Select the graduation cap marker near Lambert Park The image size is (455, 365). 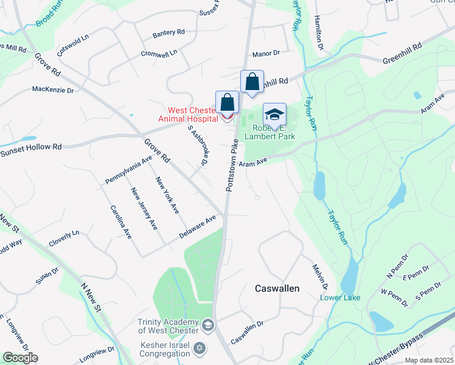(274, 114)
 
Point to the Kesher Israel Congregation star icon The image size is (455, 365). (198, 349)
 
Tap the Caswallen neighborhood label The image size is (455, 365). (277, 288)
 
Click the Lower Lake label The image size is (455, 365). (341, 297)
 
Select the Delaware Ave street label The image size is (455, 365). (198, 226)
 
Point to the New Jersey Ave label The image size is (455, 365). (144, 209)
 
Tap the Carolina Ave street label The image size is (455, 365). (121, 221)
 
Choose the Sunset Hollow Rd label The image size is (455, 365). (32, 148)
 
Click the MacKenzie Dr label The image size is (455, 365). (52, 90)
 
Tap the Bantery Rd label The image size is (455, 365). (168, 32)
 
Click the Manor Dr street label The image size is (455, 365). (266, 54)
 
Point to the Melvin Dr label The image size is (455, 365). (321, 277)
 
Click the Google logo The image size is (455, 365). (20, 358)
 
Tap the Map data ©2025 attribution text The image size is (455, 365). (429, 360)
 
